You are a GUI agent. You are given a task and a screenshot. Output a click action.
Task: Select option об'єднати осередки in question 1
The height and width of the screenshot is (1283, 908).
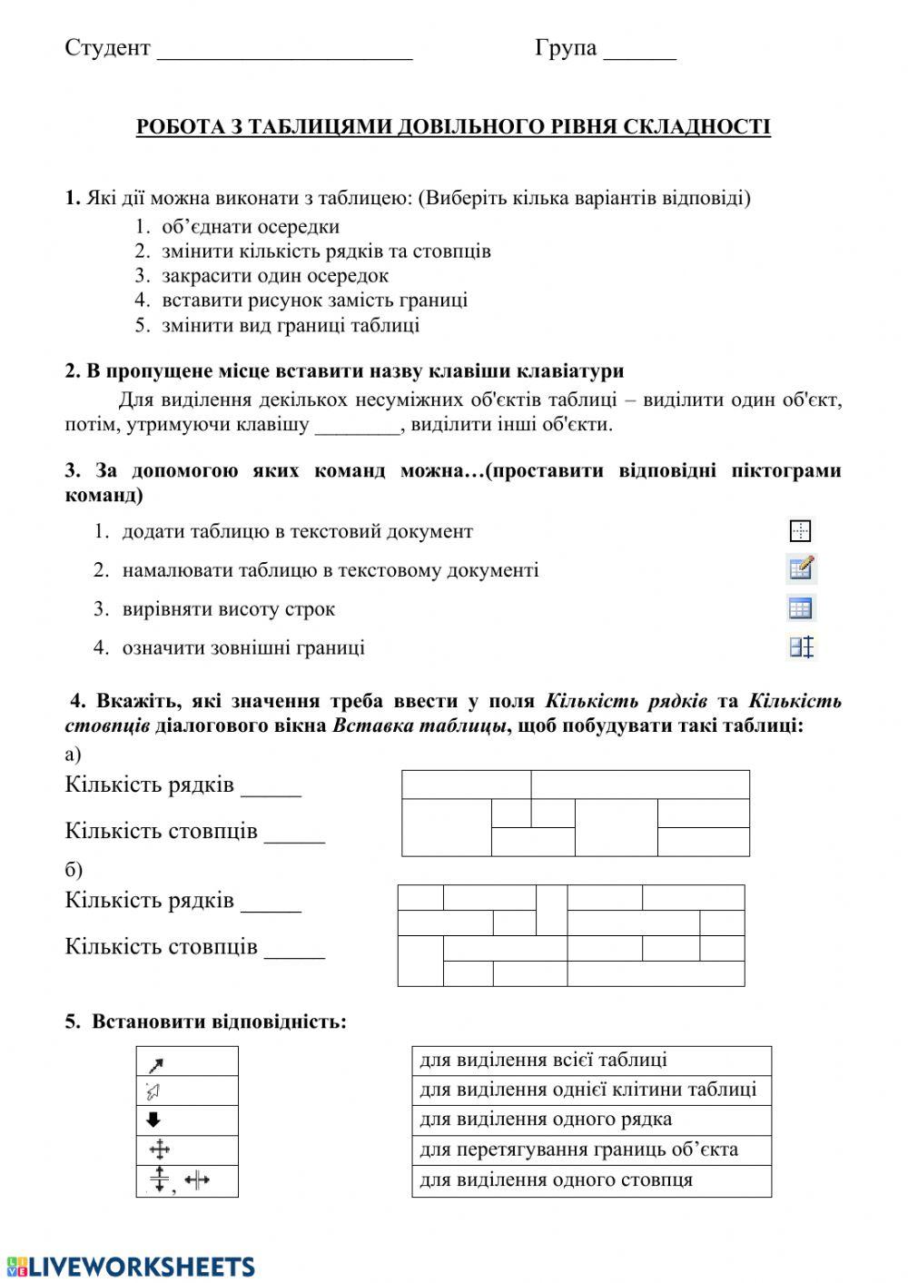(x=251, y=227)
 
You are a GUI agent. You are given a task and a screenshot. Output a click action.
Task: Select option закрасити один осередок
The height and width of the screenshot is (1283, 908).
(x=274, y=276)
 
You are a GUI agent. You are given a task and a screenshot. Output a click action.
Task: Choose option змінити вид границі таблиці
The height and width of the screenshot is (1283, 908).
(x=291, y=325)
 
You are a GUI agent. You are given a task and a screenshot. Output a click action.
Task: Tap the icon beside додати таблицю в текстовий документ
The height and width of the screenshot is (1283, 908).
(x=800, y=531)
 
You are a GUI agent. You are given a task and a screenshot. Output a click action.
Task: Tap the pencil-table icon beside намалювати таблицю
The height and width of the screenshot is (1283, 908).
(x=801, y=569)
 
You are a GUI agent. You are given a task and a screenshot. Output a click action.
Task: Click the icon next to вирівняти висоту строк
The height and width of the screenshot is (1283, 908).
(x=801, y=608)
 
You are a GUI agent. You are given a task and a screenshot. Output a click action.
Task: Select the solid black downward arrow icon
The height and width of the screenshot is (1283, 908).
(x=153, y=1120)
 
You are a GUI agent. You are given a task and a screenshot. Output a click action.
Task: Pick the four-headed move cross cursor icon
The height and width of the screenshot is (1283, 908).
(x=159, y=1150)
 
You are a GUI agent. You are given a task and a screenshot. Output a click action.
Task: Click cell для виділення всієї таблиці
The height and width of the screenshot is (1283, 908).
(x=590, y=1061)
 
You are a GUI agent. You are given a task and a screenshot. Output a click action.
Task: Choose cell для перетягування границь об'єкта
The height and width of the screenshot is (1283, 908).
(x=590, y=1150)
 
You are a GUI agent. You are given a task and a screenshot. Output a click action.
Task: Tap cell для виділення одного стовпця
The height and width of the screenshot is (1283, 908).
(x=590, y=1180)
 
